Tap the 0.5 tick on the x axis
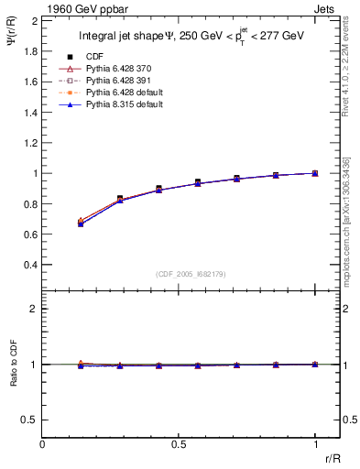pos(179,444)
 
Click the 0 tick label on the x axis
pos(42,444)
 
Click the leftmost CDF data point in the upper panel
pos(81,223)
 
